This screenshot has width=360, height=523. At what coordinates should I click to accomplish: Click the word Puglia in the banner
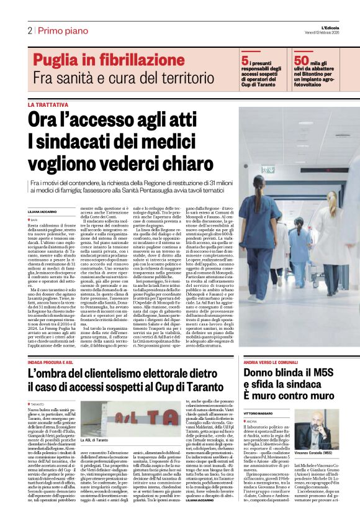60,60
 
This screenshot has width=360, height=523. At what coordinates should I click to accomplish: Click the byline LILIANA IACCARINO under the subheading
44,212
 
